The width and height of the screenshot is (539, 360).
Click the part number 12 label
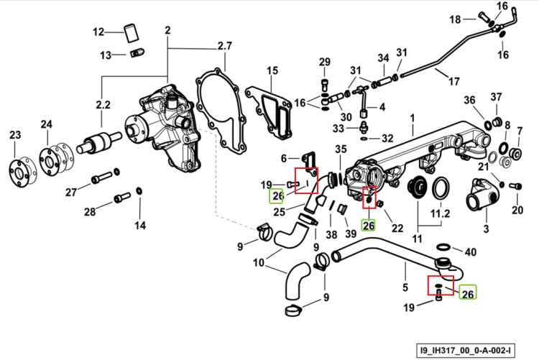tap(98, 32)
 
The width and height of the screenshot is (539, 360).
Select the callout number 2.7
tap(224, 46)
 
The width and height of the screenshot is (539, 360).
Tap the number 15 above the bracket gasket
tap(272, 70)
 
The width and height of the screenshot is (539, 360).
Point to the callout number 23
tap(15, 135)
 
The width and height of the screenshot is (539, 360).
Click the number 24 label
tap(47, 124)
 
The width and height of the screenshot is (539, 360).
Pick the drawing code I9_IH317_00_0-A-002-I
tap(466, 351)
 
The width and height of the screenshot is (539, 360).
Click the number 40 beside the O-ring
tap(471, 252)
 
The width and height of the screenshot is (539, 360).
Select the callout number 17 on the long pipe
tap(454, 81)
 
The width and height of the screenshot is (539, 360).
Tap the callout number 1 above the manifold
tap(413, 119)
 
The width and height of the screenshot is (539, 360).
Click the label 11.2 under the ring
tap(441, 213)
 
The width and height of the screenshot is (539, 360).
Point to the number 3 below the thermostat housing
tap(486, 229)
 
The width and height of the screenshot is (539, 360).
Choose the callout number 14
tap(140, 226)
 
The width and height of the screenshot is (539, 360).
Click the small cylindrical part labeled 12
tap(131, 33)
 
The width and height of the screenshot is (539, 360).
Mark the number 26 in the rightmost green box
tap(468, 294)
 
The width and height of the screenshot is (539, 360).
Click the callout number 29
tap(325, 62)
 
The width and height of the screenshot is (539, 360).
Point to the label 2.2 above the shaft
tap(103, 104)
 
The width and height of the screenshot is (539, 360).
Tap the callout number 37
tap(496, 97)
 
